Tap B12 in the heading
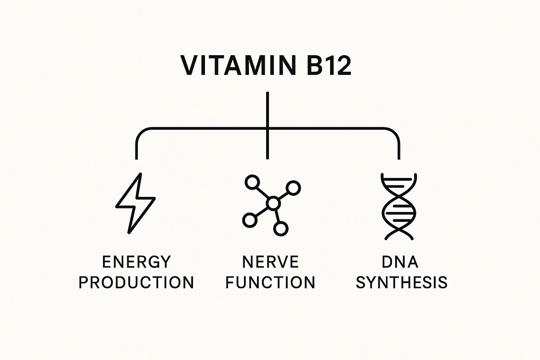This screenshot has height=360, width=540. [x=329, y=66]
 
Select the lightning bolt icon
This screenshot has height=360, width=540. [x=135, y=203]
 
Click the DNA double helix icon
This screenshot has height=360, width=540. [x=399, y=206]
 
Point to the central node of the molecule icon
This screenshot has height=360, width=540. [x=273, y=203]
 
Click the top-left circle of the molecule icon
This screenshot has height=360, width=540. [x=252, y=182]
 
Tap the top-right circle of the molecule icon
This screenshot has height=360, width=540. [x=294, y=188]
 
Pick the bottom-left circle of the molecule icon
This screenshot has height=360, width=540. [x=249, y=220]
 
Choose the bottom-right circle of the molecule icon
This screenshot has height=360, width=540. [x=281, y=229]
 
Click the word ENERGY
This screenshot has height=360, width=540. [x=136, y=262]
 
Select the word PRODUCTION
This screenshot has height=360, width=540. [x=136, y=283]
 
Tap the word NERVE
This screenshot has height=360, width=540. [x=270, y=262]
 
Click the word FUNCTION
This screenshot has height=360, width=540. [x=270, y=283]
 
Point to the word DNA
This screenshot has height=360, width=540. [x=400, y=262]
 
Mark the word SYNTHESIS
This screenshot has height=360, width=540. [x=401, y=283]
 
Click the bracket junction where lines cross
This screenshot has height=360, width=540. [x=268, y=128]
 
